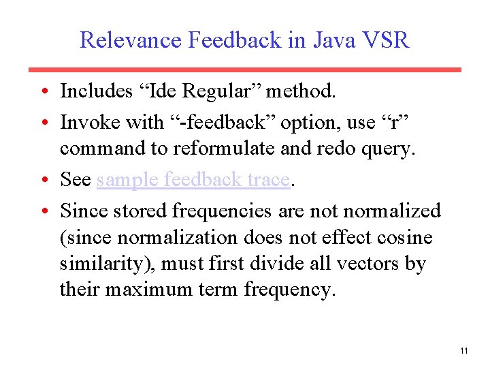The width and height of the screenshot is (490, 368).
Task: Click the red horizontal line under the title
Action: [x=245, y=70]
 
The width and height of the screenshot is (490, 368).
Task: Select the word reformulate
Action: [x=211, y=148]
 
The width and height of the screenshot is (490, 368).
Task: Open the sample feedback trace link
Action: [x=194, y=180]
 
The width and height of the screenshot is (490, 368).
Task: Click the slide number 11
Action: [x=463, y=351]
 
